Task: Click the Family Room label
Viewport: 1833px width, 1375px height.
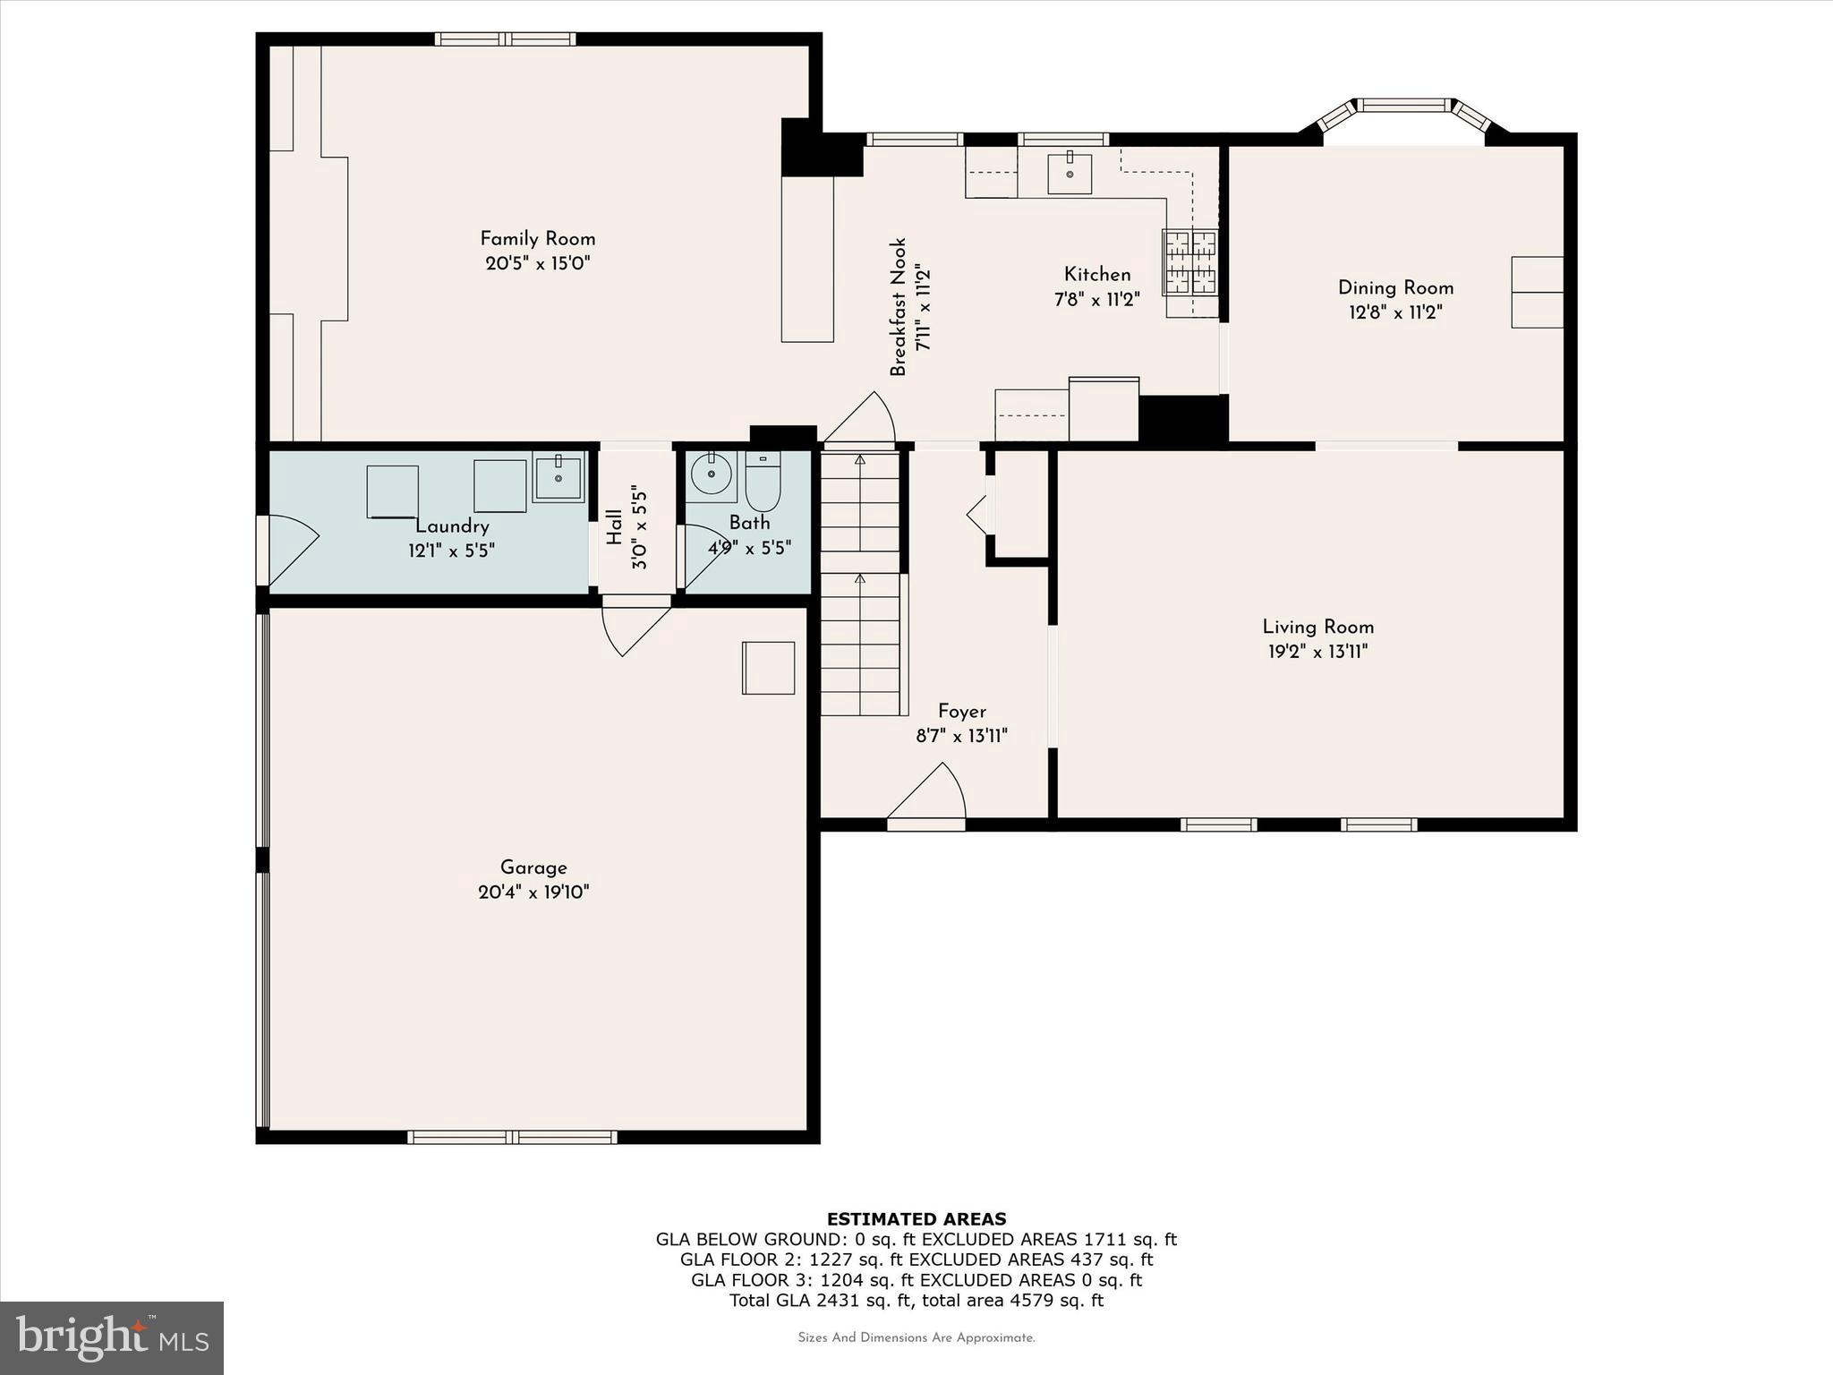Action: pos(537,239)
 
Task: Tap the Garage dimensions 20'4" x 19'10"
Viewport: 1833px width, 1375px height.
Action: pos(533,892)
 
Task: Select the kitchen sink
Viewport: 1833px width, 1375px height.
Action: pos(1070,173)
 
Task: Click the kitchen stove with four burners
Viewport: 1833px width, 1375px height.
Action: pos(1189,262)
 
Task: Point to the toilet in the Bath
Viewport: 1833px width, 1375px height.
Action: pos(763,481)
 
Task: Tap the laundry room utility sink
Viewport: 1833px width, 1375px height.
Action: pos(558,476)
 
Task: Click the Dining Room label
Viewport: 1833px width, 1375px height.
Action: pos(1395,288)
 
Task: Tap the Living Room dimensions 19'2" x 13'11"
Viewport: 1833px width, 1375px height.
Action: pos(1317,652)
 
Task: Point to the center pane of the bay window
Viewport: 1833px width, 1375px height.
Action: pos(1403,106)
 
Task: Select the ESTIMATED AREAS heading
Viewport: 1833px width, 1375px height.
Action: pos(916,1218)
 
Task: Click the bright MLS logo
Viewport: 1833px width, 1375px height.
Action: pos(112,1337)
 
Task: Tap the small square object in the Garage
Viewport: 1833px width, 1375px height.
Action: pos(768,668)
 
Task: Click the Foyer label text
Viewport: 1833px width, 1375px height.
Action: pos(962,712)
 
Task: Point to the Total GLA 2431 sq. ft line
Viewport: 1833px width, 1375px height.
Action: pos(916,1300)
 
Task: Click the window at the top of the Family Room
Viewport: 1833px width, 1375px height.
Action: pos(506,39)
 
